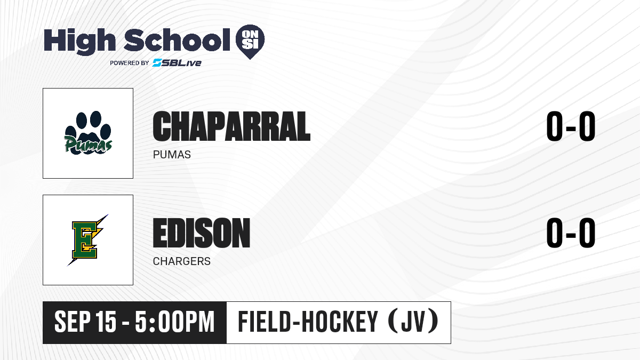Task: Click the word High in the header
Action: tap(79, 42)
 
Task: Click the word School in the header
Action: tap(177, 40)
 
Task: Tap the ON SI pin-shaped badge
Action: tap(250, 42)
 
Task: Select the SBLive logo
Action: tap(177, 63)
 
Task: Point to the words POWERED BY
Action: tap(130, 63)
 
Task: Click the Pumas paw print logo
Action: tap(88, 133)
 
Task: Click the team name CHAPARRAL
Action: tap(231, 126)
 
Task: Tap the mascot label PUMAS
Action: tap(172, 155)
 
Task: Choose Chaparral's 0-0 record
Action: tap(571, 126)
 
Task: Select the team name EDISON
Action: tap(202, 233)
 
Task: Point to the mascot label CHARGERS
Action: tap(182, 261)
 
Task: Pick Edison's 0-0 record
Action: tap(571, 233)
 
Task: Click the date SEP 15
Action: tap(85, 322)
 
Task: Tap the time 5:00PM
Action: tap(174, 322)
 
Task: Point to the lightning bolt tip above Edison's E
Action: tap(108, 214)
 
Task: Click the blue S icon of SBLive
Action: tap(157, 63)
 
